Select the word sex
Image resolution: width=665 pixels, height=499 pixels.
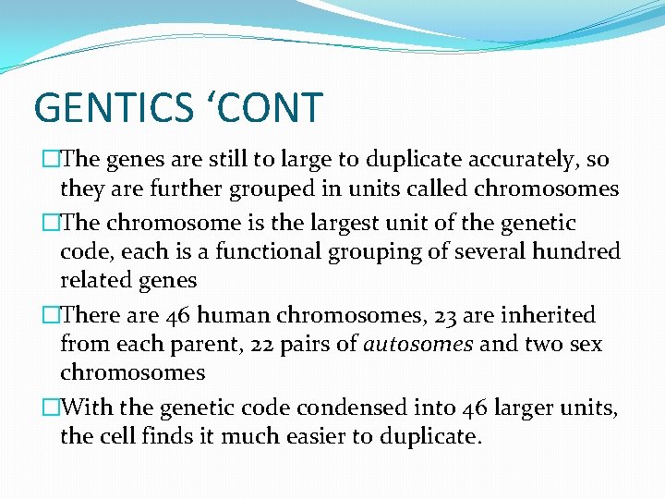coord(587,345)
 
